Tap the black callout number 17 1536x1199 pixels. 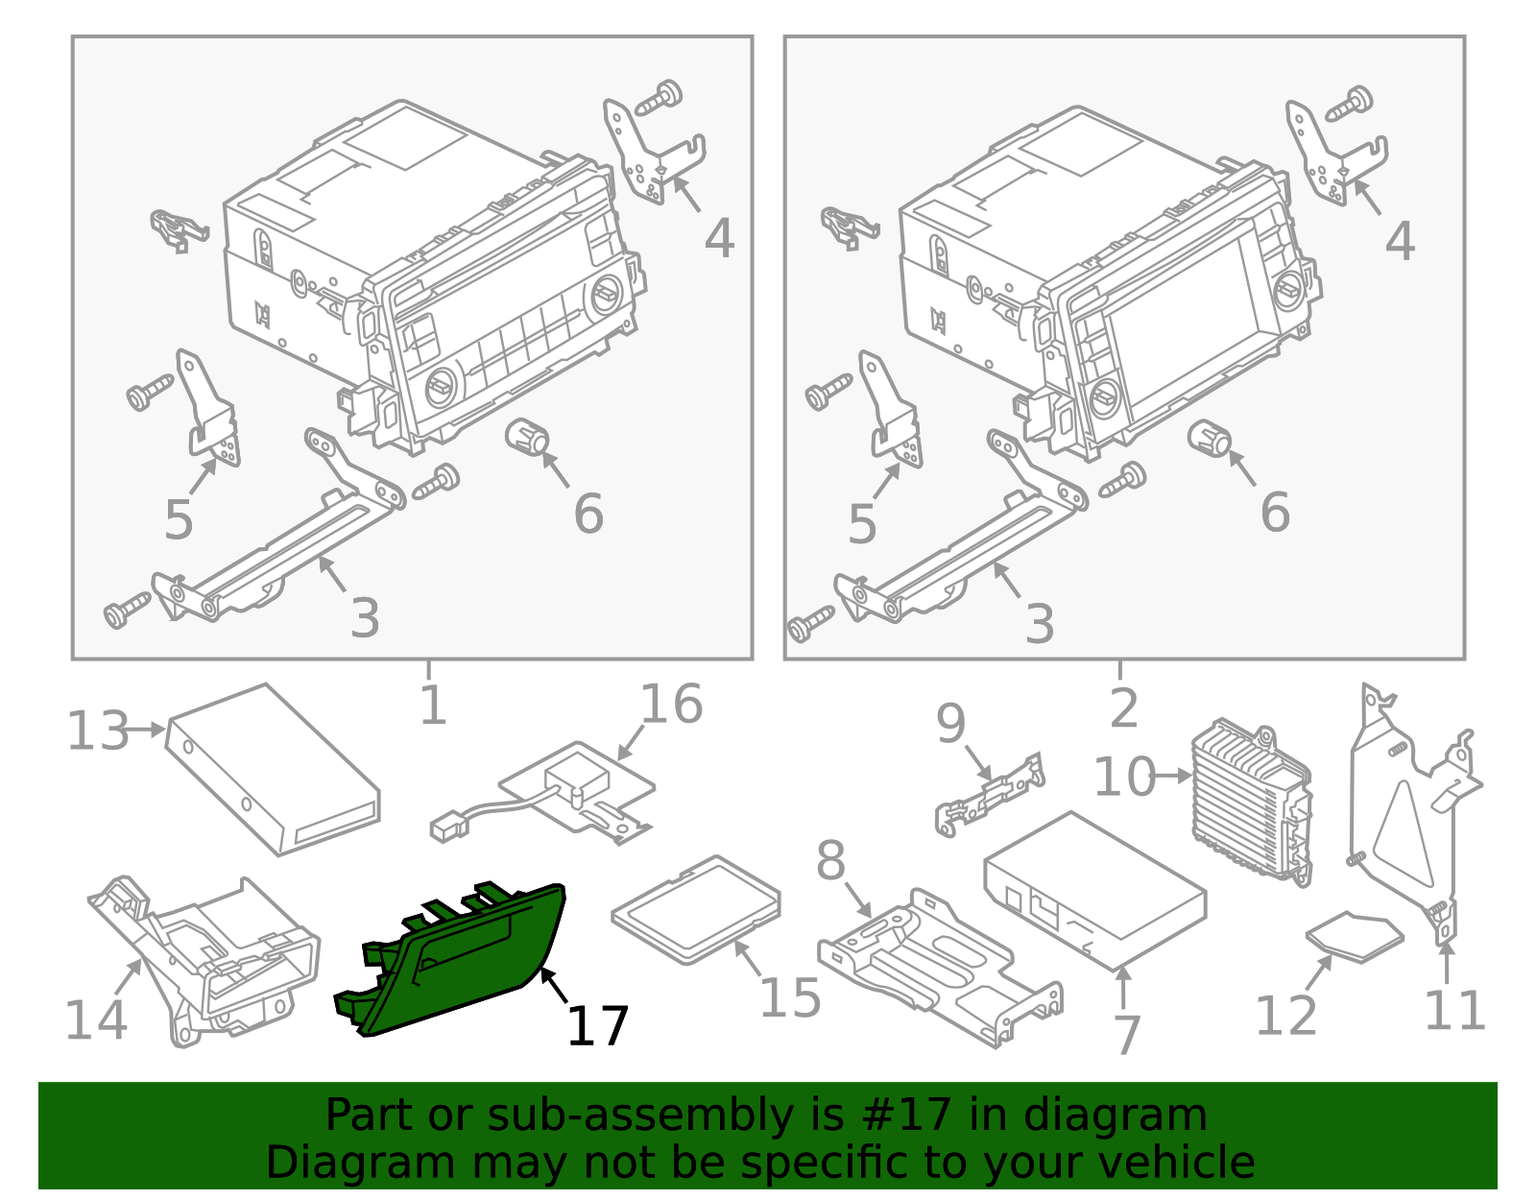pyautogui.click(x=597, y=1026)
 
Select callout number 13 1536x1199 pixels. pyautogui.click(x=97, y=731)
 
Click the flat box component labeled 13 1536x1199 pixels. pyautogui.click(x=274, y=769)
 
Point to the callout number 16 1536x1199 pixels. pyautogui.click(x=671, y=704)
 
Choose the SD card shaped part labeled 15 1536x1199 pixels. pyautogui.click(x=697, y=908)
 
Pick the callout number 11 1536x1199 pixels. pyautogui.click(x=1454, y=1010)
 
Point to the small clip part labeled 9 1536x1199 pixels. pyautogui.click(x=989, y=792)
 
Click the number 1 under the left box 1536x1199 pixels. pyautogui.click(x=433, y=706)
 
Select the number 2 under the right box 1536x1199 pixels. pyautogui.click(x=1122, y=708)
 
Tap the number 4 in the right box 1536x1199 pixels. pyautogui.click(x=1400, y=241)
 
